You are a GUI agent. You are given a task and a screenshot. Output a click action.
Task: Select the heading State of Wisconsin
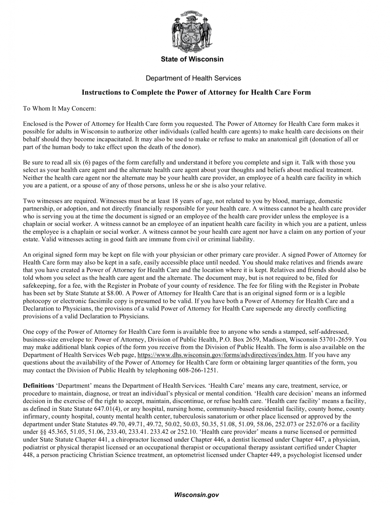tap(192, 59)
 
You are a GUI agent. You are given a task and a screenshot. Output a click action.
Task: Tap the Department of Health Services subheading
tap(193, 78)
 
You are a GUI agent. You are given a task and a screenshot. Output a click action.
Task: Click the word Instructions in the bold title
tap(101, 92)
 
